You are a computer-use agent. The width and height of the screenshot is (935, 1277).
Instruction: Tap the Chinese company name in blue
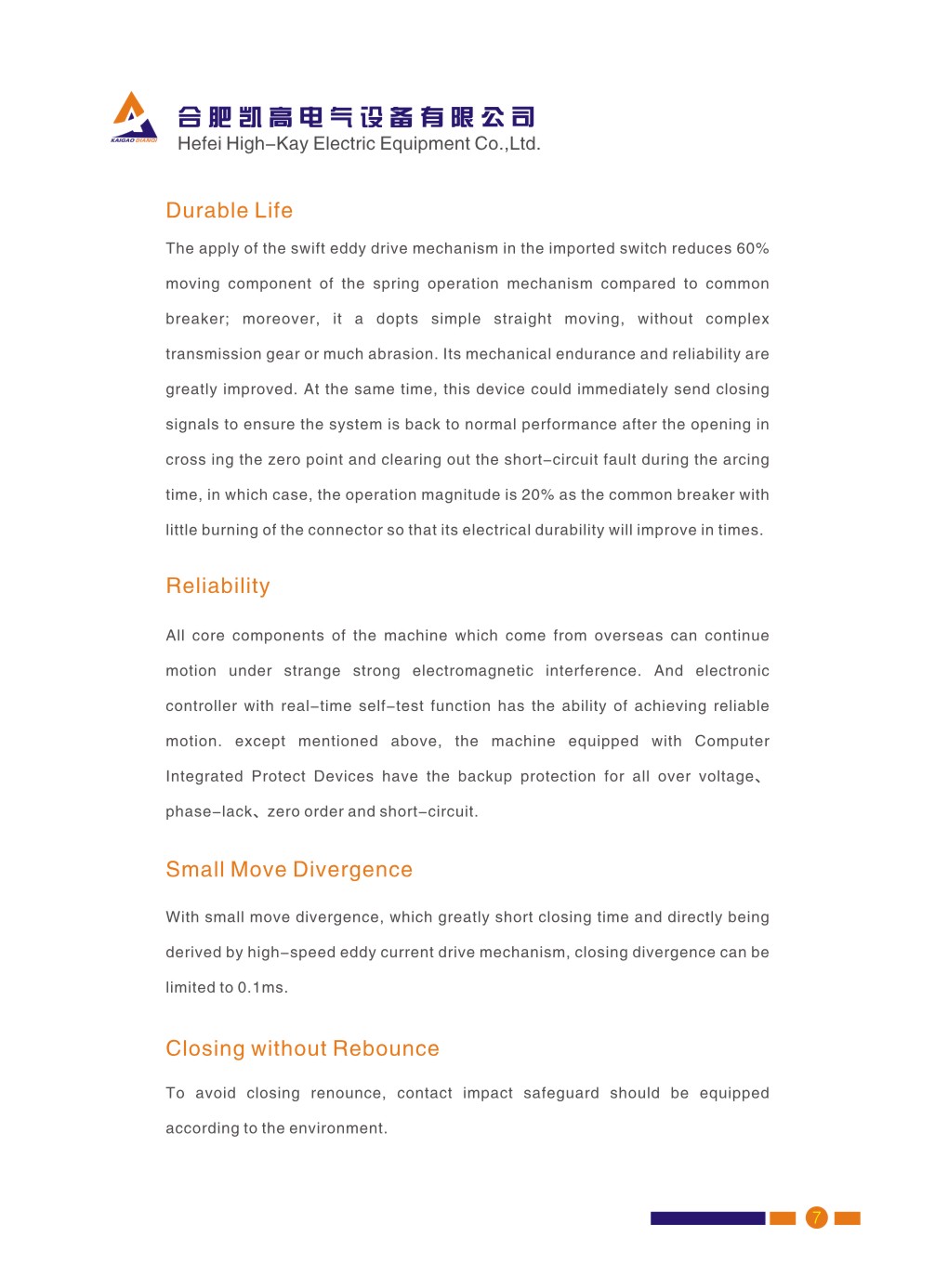[356, 117]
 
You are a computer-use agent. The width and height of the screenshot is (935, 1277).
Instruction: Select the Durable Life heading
[229, 211]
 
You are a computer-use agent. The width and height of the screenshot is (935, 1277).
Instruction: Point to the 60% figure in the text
[752, 249]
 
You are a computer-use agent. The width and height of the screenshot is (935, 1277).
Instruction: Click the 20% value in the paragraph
[537, 495]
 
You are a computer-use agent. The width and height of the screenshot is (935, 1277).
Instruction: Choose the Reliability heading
[217, 586]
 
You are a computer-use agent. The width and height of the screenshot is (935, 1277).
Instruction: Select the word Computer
[731, 742]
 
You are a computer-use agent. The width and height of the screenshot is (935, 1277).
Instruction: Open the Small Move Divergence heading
[288, 870]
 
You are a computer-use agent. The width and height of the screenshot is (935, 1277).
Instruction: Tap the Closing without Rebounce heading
[302, 1049]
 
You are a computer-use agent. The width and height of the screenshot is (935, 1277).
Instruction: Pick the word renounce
[347, 1094]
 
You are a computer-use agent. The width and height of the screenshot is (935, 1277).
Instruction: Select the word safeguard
[560, 1094]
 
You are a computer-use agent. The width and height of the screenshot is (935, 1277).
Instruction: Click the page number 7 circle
[816, 1218]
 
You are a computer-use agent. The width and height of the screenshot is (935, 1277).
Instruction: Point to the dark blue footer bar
[707, 1218]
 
